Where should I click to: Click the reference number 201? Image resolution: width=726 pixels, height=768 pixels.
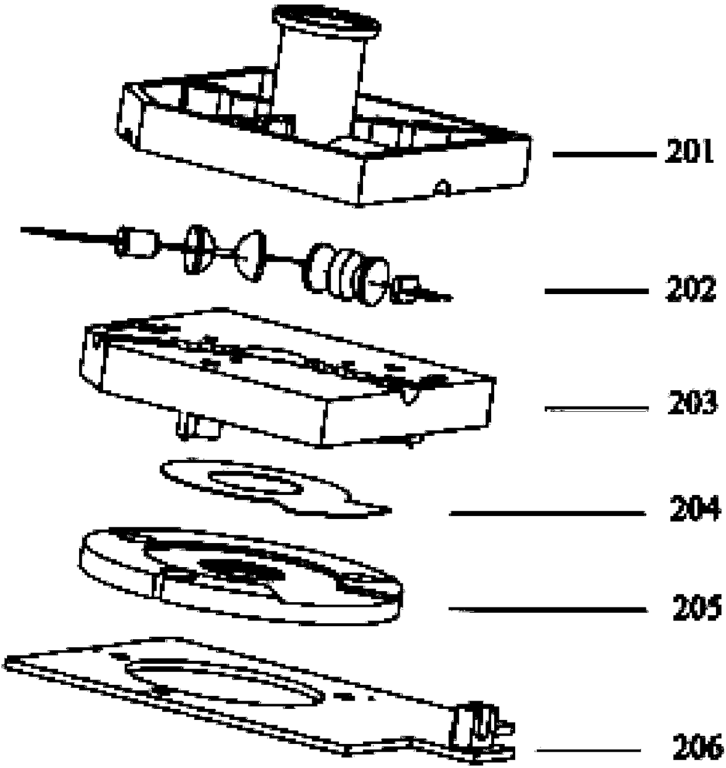(x=689, y=153)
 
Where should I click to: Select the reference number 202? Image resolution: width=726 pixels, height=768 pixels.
(x=690, y=289)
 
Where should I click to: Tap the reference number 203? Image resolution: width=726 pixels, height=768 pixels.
(x=691, y=405)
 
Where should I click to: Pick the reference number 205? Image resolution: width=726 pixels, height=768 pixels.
(x=697, y=610)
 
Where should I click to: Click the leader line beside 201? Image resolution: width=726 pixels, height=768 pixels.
(x=604, y=154)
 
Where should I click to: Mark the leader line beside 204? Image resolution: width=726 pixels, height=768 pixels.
(x=547, y=513)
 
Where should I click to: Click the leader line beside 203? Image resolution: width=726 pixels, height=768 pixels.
(x=597, y=408)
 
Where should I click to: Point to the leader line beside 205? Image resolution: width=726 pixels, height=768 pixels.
(x=548, y=610)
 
